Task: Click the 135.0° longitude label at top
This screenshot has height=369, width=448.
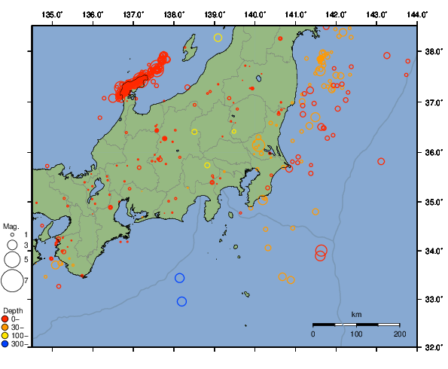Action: (53, 14)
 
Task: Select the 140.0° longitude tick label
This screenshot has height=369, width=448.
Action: (255, 14)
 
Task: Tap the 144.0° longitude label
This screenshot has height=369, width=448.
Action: (418, 14)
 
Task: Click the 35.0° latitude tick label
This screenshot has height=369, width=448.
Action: (434, 202)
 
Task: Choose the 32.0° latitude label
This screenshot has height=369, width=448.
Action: (434, 348)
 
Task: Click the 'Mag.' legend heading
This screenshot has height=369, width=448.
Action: (11, 226)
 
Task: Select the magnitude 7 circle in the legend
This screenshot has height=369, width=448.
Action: (11, 281)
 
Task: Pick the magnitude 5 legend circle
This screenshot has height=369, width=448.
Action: (11, 259)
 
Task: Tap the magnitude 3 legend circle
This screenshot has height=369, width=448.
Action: (11, 245)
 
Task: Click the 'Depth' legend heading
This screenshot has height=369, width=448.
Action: (13, 310)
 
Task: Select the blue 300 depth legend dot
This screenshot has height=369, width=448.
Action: (5, 344)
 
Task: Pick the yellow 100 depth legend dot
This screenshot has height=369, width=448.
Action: (5, 335)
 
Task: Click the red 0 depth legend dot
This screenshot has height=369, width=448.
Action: (5, 319)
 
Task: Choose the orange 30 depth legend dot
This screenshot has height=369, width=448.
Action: (5, 327)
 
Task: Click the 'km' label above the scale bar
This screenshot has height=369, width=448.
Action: (356, 314)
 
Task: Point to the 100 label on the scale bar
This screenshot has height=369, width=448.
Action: (356, 334)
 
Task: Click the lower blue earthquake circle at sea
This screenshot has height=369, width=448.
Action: (181, 301)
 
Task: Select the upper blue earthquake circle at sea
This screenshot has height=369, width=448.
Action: (179, 278)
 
